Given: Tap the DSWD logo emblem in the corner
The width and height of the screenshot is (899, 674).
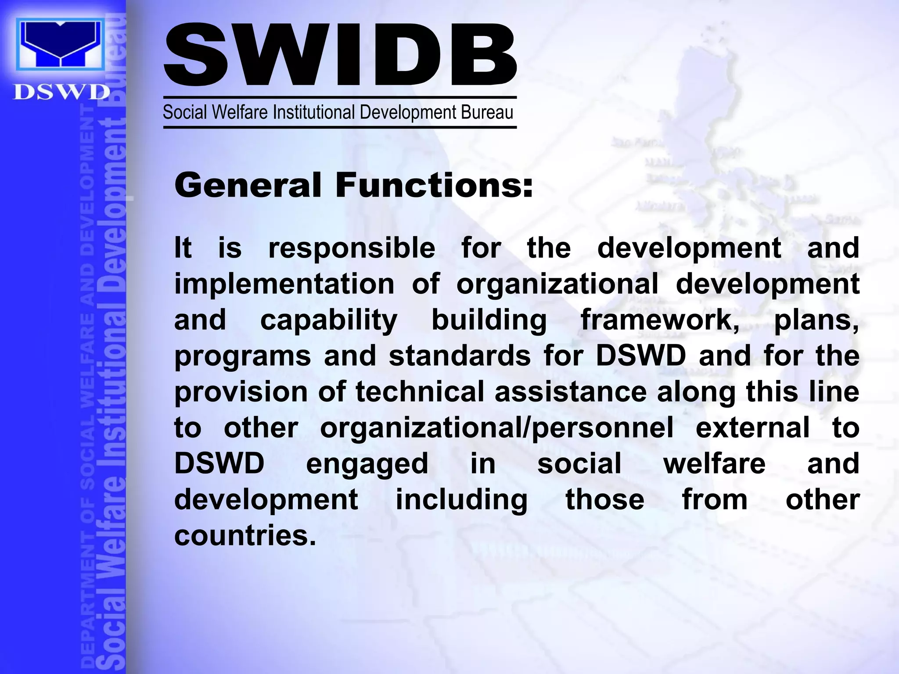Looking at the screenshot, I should pos(61,44).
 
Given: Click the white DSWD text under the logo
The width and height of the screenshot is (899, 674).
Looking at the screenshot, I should pos(61,93).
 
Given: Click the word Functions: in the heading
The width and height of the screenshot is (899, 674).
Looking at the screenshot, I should pos(434,185).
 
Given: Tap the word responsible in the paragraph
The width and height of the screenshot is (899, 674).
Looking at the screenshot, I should pos(352,248).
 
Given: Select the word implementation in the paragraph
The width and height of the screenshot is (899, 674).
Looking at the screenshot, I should pos(284,284).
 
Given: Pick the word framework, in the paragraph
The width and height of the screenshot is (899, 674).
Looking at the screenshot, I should pos(660,320).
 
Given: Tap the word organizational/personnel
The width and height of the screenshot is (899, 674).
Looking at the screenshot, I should pos(496,428).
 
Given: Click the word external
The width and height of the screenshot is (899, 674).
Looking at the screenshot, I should pos(752,428).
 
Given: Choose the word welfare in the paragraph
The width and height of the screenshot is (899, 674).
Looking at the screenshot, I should pos(714,463).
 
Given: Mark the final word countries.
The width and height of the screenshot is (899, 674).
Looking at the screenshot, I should pos(245,536).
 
